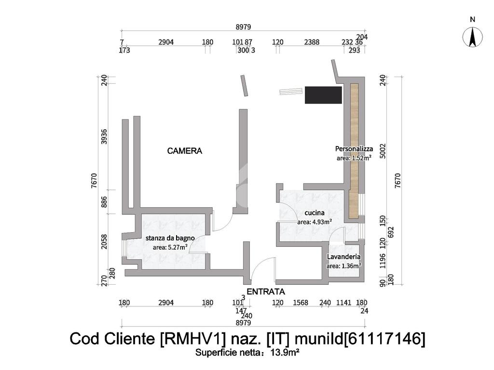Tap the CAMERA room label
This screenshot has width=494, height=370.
click(x=185, y=151)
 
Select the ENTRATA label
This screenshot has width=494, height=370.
click(x=266, y=291)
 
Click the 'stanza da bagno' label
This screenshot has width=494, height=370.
click(x=170, y=238)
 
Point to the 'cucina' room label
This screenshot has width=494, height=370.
click(x=314, y=212)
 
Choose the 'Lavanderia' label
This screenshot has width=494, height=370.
click(x=344, y=257)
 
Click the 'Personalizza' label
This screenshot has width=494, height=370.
click(x=354, y=148)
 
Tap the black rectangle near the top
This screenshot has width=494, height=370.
click(x=323, y=95)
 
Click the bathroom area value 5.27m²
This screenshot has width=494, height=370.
click(x=174, y=248)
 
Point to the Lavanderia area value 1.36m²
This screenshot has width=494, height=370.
click(x=350, y=266)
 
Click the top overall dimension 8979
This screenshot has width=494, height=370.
click(x=243, y=27)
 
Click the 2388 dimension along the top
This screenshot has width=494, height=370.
click(x=312, y=42)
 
